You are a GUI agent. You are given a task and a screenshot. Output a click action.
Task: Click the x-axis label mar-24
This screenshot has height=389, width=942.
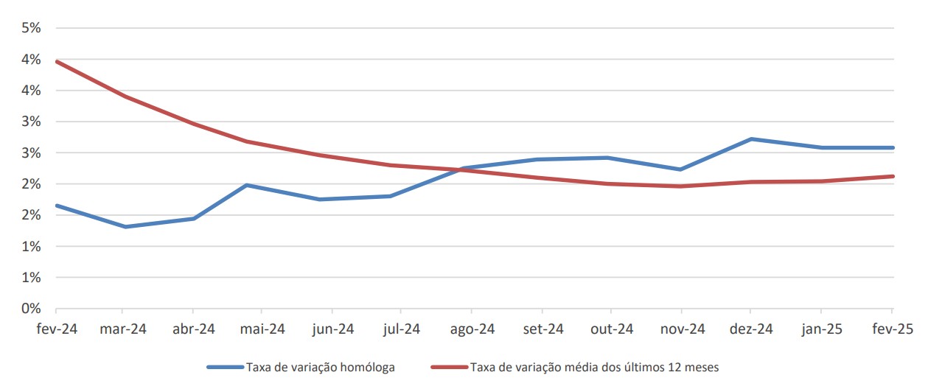(123, 329)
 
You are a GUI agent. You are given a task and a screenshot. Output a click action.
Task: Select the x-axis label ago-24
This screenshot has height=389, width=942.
(472, 329)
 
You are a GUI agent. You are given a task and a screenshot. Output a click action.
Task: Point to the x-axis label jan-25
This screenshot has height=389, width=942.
(820, 329)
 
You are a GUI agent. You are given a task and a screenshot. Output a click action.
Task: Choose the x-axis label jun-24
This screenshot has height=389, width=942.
(332, 329)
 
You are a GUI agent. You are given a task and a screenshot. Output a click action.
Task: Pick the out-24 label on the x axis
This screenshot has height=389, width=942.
(611, 329)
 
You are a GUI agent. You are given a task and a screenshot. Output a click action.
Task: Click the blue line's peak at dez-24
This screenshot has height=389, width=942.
(750, 139)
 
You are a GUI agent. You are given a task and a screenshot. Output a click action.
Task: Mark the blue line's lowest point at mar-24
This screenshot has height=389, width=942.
(125, 226)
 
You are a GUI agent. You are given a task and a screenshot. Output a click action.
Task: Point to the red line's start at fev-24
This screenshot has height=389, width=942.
(57, 62)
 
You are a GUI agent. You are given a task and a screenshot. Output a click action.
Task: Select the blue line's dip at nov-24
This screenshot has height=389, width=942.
(680, 169)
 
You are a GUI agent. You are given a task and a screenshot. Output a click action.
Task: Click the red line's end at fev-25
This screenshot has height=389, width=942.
(893, 176)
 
